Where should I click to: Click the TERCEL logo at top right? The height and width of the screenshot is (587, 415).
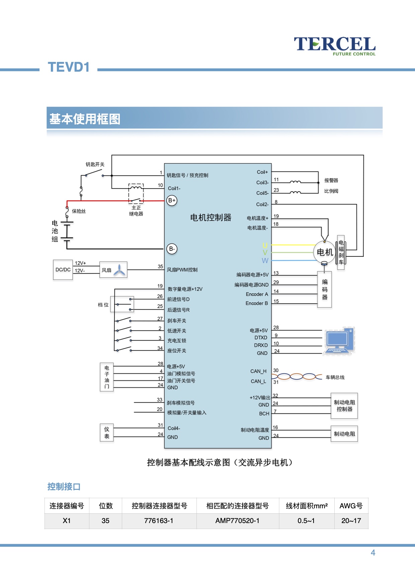click(335, 46)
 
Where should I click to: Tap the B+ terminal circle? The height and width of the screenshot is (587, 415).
click(172, 201)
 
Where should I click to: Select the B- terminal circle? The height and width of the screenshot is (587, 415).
click(172, 249)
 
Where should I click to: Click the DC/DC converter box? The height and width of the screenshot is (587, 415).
click(63, 270)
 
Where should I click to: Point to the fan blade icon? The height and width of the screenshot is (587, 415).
click(119, 270)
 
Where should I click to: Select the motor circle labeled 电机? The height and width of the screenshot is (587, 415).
click(325, 252)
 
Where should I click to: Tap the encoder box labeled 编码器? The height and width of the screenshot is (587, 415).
click(325, 289)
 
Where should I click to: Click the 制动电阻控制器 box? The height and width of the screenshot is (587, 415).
click(344, 406)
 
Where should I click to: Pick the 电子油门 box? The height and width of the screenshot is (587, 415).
click(107, 377)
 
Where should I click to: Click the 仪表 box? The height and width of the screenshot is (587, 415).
click(107, 433)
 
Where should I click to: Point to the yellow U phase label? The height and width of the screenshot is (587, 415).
click(265, 245)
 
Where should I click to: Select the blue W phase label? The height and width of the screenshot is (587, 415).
click(265, 261)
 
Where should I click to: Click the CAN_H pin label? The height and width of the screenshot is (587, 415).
click(258, 371)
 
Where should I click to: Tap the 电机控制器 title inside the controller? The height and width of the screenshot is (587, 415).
click(211, 218)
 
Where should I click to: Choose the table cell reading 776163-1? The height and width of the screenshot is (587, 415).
click(159, 521)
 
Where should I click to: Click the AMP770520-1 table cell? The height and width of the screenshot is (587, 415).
click(237, 521)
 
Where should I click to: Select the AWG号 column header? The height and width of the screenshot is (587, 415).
click(351, 506)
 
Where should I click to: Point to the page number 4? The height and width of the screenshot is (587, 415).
click(373, 553)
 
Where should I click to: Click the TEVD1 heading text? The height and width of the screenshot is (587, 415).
click(69, 67)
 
